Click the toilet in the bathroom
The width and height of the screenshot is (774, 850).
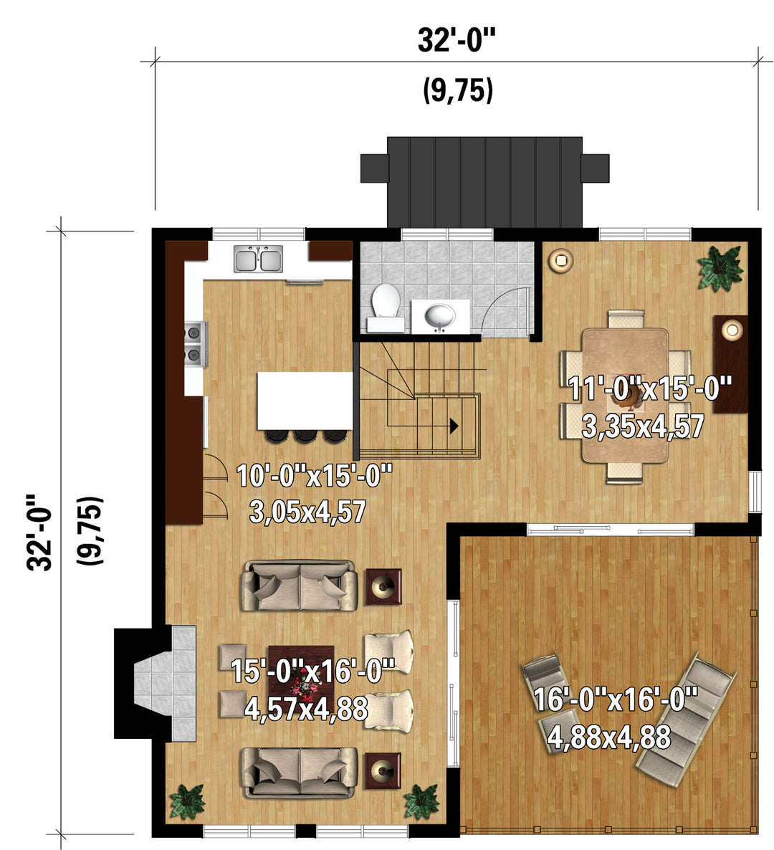click(x=386, y=306)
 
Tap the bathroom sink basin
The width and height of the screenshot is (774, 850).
click(x=439, y=317)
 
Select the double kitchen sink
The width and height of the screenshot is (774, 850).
click(x=259, y=259)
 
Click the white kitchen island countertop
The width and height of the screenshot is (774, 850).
click(x=305, y=401)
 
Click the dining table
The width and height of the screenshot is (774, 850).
click(x=625, y=395)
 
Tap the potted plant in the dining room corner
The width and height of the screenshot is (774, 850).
click(x=720, y=268)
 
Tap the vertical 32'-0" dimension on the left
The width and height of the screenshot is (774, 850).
click(x=39, y=532)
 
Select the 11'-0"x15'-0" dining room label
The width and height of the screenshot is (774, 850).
click(x=649, y=388)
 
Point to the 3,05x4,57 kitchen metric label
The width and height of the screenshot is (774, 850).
click(x=308, y=511)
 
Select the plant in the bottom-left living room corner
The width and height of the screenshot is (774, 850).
click(x=187, y=801)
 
